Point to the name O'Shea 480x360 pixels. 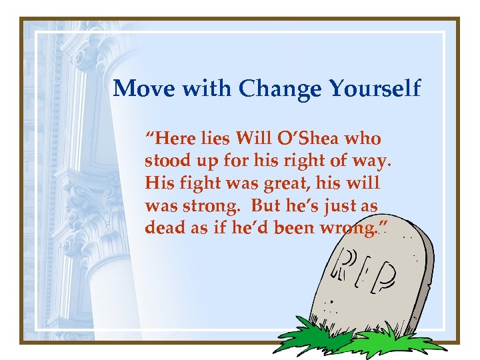[x=313, y=139]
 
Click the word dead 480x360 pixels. [x=163, y=227]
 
